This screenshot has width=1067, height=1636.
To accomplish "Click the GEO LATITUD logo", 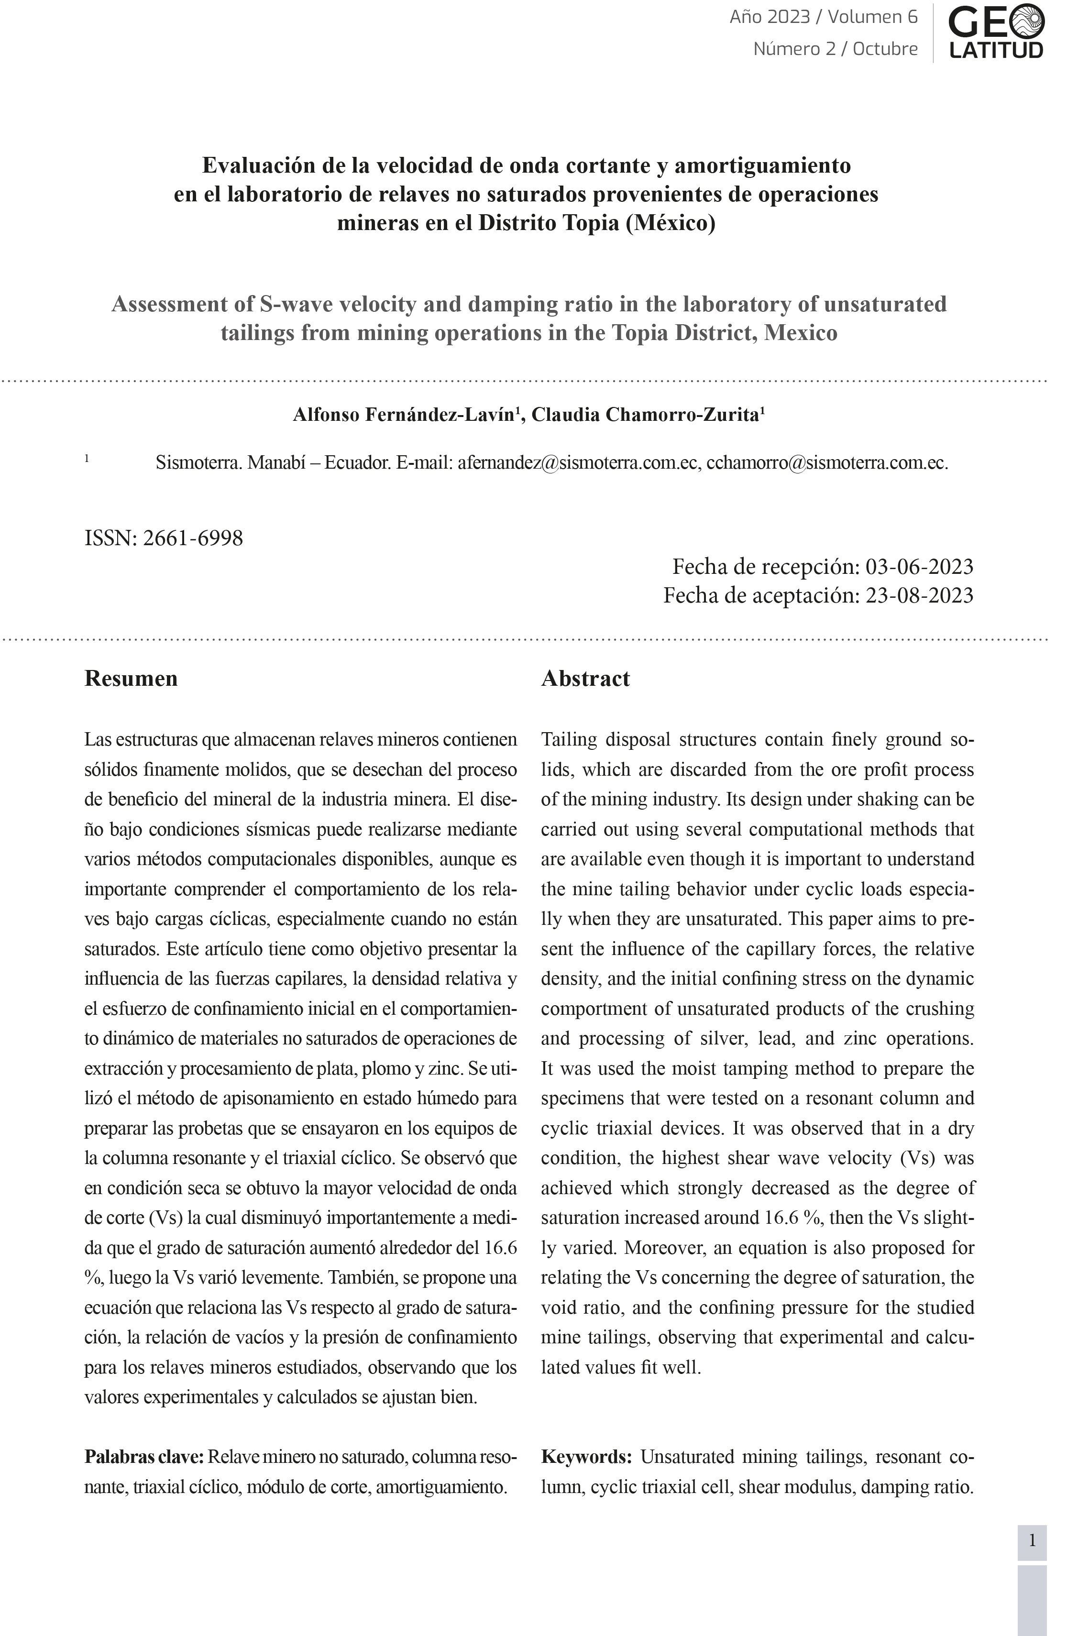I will pos(996,32).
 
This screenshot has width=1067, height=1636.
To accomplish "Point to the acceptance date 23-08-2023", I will pos(919,595).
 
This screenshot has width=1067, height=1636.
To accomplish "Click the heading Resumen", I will pos(132,679).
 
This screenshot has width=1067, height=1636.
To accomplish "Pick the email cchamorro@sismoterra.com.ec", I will pos(826,462).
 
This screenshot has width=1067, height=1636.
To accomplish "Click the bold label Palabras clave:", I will pos(143,1457).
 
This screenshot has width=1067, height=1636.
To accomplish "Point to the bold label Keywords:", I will pos(586,1457).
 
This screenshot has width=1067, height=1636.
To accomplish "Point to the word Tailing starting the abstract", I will pos(569,740).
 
